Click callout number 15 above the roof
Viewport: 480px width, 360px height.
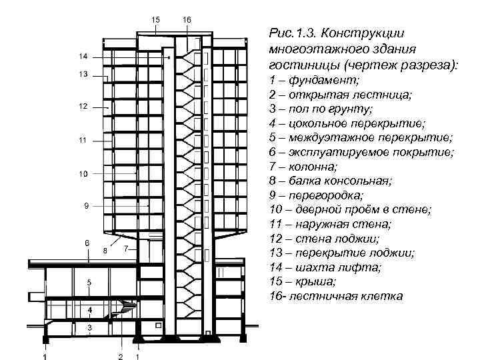tap(155, 20)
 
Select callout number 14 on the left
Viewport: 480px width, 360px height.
tap(82, 55)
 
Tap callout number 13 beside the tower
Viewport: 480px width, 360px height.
tap(83, 75)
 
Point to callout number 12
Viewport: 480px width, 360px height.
tap(83, 107)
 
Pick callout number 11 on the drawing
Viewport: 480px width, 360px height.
tap(83, 140)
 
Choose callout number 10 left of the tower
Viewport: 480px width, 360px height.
tap(83, 174)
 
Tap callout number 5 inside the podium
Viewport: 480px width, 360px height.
tap(89, 283)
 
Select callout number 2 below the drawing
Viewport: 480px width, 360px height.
tap(121, 356)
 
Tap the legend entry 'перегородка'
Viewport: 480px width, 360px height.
tap(327, 195)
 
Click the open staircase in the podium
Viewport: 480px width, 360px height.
tap(123, 309)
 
